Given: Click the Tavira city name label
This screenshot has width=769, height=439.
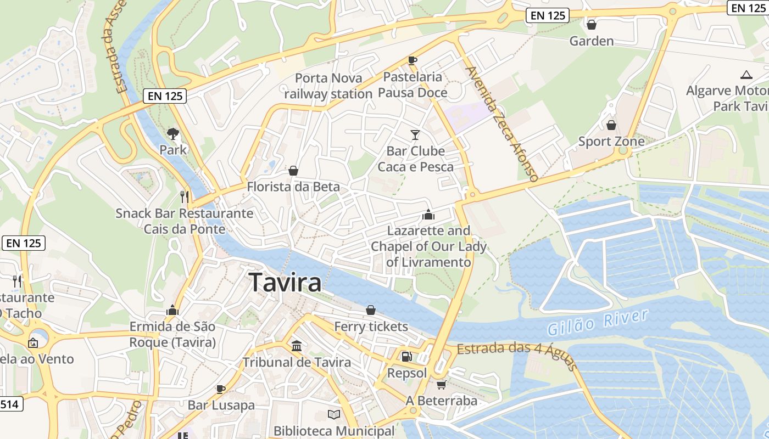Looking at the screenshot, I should click(x=285, y=283).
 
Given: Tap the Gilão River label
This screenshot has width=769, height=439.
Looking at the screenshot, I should click(x=598, y=322).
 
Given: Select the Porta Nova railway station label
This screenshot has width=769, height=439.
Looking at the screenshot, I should click(x=328, y=86).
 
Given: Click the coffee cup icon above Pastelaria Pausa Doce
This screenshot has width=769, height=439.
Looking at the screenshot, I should click(x=413, y=60).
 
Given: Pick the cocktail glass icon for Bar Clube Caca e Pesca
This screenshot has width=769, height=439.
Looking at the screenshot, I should click(x=415, y=134).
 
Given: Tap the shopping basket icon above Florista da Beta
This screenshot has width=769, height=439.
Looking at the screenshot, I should click(x=293, y=171).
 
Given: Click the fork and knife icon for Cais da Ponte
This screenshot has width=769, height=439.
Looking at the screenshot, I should click(x=185, y=196).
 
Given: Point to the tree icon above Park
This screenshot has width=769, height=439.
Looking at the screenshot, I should click(x=173, y=133).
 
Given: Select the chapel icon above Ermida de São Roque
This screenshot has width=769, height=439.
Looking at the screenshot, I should click(x=172, y=310).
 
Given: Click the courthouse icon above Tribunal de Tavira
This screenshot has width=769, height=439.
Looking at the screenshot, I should click(x=297, y=346).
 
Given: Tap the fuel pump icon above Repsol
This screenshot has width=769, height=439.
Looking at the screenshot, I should click(x=406, y=357).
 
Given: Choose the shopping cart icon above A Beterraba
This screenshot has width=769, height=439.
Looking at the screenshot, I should click(x=441, y=385).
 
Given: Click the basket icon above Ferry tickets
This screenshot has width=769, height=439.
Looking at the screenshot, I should click(x=371, y=310).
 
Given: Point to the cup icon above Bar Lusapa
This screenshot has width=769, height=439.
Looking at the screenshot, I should click(x=221, y=389).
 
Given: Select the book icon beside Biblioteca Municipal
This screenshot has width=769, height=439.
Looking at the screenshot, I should click(x=334, y=414).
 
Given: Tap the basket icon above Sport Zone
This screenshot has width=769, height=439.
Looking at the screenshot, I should click(x=611, y=125).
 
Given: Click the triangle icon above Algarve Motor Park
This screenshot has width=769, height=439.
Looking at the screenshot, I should click(x=746, y=75).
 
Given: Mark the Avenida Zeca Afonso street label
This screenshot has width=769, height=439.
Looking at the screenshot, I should click(x=501, y=124).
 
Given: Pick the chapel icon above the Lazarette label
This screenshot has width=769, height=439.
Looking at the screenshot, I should click(x=428, y=215).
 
